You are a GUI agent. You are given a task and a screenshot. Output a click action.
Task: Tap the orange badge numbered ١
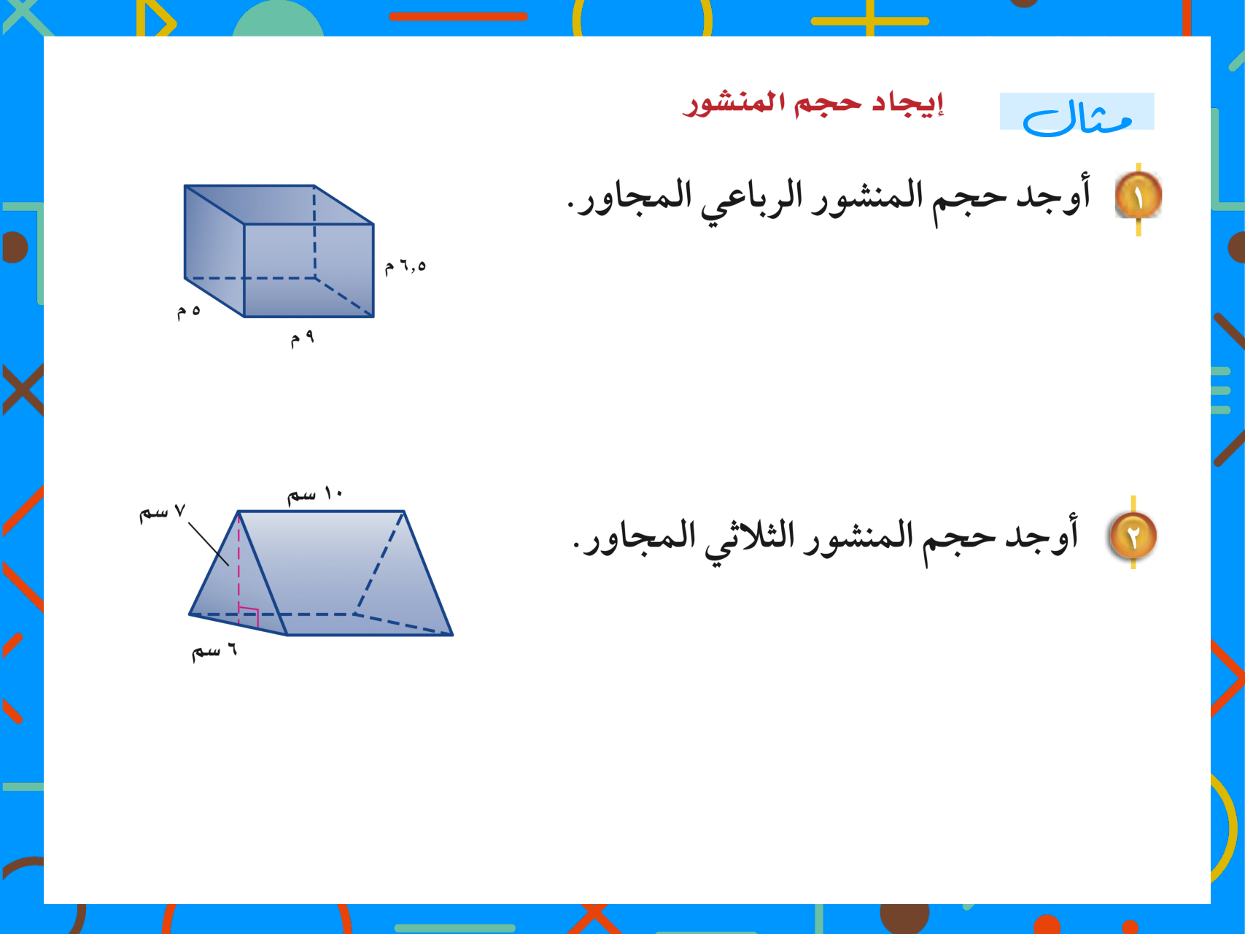tap(1139, 195)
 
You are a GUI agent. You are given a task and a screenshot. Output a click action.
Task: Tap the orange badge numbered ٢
tap(1133, 536)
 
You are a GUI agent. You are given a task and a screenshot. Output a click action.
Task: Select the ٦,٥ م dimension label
tap(406, 266)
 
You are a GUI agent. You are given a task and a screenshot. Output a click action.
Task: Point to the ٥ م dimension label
tap(188, 312)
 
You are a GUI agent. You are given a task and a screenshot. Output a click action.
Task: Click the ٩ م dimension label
tap(302, 338)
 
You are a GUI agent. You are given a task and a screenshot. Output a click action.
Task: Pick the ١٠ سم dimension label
tap(314, 495)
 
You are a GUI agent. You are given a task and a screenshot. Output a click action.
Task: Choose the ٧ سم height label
tap(163, 512)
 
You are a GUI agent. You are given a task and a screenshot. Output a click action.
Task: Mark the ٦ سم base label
tap(214, 650)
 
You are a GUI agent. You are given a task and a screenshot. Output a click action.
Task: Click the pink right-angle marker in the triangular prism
tap(249, 617)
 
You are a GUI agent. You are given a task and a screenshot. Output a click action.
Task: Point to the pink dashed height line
tap(238, 562)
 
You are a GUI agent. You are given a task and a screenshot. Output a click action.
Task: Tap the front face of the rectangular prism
tap(309, 270)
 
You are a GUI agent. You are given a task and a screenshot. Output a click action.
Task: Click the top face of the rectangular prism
tap(279, 204)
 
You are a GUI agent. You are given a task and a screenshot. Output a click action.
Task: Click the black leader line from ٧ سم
tap(209, 544)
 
